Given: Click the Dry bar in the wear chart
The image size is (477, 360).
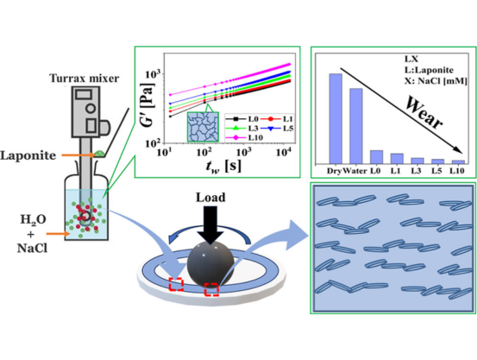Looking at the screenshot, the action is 336,119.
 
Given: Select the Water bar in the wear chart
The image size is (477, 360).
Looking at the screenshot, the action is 356,126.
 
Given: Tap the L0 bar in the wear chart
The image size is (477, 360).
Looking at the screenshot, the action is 376,157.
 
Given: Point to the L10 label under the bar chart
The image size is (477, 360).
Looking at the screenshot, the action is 457,171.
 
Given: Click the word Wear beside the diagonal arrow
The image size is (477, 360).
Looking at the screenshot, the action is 424,113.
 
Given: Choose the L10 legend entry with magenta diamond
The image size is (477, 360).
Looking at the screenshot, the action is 244,137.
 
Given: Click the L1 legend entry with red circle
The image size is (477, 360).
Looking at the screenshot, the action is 277,119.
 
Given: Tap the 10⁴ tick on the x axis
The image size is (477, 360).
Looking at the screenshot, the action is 284,152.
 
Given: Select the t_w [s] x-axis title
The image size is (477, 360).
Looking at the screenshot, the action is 223,167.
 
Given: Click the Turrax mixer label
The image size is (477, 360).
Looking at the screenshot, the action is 85,79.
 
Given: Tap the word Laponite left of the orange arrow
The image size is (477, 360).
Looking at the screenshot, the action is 28,155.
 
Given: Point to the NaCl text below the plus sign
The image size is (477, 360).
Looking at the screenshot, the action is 32,249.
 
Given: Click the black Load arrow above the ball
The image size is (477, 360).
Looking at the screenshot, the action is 210,225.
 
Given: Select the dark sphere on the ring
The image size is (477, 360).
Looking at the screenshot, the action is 210,264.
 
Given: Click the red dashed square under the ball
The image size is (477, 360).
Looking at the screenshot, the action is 211,289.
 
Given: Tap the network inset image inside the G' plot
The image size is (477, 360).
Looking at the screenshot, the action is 203,127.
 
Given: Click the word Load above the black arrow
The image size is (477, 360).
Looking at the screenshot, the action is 210,198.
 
